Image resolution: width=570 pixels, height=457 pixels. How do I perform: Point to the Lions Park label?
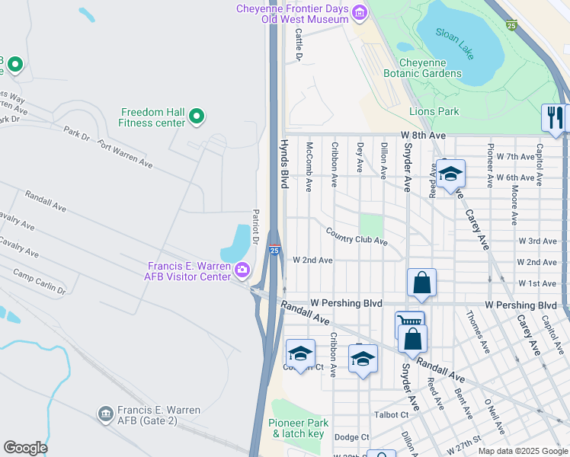tap(434, 111)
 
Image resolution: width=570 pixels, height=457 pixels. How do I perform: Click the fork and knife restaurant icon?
tap(555, 117)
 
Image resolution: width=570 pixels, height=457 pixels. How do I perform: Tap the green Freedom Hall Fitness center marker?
tap(197, 117)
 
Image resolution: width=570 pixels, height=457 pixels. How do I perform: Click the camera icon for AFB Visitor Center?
tap(242, 269)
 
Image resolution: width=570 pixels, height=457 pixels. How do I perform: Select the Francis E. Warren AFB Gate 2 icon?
tap(105, 414)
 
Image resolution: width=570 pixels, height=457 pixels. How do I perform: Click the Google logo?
tap(25, 447)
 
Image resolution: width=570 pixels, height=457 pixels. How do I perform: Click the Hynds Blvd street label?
tap(283, 164)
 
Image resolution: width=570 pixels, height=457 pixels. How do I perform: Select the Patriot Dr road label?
tap(256, 226)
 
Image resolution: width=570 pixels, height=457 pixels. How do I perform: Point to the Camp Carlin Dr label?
tap(40, 282)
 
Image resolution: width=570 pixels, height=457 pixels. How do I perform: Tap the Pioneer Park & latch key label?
tap(298, 428)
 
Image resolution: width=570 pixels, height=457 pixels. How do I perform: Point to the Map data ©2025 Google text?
tap(522, 450)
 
